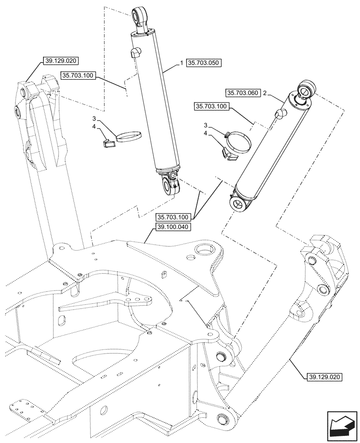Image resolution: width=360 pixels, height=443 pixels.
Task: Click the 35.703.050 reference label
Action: (204, 63)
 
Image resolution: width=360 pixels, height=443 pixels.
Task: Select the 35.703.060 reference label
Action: (243, 93)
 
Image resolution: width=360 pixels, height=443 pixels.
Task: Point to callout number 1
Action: (181, 63)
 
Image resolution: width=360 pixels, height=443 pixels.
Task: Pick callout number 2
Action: (265, 93)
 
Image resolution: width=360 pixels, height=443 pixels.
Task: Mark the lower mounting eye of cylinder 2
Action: (238, 204)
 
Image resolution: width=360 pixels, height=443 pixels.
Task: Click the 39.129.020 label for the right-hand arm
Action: (325, 377)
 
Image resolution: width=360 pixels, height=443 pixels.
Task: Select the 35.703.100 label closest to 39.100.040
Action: (173, 217)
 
